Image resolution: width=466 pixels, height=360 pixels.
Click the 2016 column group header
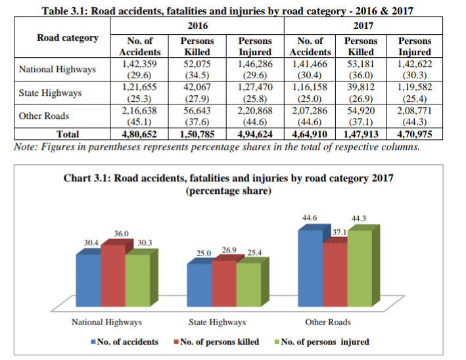(198, 26)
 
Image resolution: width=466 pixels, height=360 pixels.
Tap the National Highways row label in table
(57, 69)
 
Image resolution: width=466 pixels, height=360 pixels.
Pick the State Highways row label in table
(50, 93)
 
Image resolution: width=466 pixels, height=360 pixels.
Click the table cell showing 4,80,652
(140, 134)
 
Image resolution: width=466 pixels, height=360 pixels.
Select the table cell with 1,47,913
(361, 134)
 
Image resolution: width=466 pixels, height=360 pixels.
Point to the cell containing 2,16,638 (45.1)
(140, 116)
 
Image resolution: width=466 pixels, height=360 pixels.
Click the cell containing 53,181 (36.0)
(361, 69)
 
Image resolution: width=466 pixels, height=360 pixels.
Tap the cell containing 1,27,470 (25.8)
(255, 93)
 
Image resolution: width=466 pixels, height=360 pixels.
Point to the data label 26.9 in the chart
(229, 250)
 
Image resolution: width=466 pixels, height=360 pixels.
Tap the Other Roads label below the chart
(327, 322)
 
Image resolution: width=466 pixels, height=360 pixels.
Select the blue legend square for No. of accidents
(93, 342)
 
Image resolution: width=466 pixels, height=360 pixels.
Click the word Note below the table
(25, 146)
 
